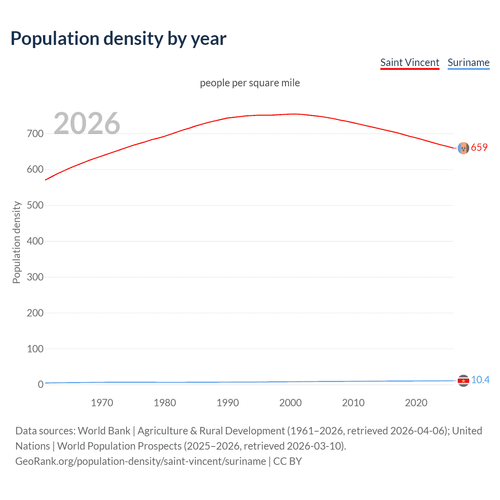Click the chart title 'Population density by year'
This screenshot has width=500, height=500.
pyautogui.click(x=118, y=39)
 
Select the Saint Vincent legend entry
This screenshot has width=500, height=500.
pyautogui.click(x=410, y=62)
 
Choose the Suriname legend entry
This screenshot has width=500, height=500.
pyautogui.click(x=468, y=62)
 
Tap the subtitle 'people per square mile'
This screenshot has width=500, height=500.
pyautogui.click(x=250, y=83)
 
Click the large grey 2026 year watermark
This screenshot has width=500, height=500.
pyautogui.click(x=87, y=123)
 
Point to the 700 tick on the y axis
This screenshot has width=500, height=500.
pyautogui.click(x=35, y=134)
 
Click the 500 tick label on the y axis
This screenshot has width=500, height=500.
pyautogui.click(x=35, y=205)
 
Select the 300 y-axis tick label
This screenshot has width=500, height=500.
pyautogui.click(x=35, y=277)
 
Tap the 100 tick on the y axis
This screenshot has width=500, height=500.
pyautogui.click(x=35, y=349)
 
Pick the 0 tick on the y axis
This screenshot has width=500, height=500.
pyautogui.click(x=41, y=384)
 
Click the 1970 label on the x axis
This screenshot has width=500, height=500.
pyautogui.click(x=102, y=403)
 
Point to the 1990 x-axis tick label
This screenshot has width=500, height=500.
pyautogui.click(x=228, y=403)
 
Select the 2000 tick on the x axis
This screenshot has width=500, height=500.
pyautogui.click(x=290, y=403)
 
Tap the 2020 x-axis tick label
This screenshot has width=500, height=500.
pyautogui.click(x=416, y=403)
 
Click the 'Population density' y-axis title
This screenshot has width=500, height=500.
pyautogui.click(x=16, y=242)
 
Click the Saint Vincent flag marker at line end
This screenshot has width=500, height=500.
pyautogui.click(x=463, y=148)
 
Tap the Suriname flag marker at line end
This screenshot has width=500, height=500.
pyautogui.click(x=463, y=380)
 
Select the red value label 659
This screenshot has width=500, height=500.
pyautogui.click(x=479, y=147)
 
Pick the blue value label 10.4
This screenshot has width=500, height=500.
pyautogui.click(x=480, y=380)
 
